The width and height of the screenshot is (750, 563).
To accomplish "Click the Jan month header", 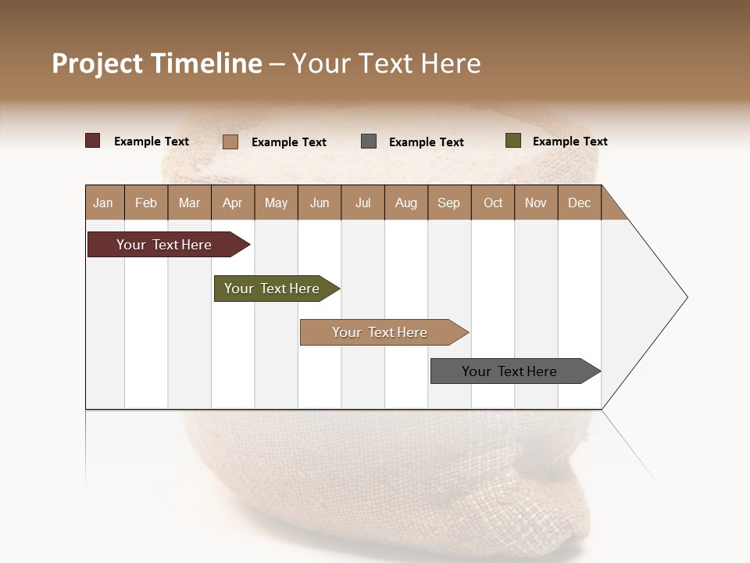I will coord(103,203).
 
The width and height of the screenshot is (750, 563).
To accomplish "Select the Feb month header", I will coord(146,203).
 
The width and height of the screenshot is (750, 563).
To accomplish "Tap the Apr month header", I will coord(232,203).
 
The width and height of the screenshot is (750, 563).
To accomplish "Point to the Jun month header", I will coord(320,203).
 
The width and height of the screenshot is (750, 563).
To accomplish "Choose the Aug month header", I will coord(405,203).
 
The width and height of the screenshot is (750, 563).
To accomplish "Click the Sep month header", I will coord(448,203).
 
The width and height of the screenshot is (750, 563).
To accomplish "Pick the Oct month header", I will coord(493,203).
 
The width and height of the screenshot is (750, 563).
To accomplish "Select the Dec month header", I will coord(579,203).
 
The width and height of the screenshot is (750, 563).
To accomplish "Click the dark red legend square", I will coord(93,141).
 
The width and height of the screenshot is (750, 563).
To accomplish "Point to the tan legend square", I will coord(230,142).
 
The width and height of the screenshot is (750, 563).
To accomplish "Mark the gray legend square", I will coord(369,142).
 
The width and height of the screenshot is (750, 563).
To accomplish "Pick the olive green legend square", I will coord(512,141).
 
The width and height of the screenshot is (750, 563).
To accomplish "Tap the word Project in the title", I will coord(98,63).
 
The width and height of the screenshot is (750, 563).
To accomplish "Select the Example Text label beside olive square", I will coord(570,142).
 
